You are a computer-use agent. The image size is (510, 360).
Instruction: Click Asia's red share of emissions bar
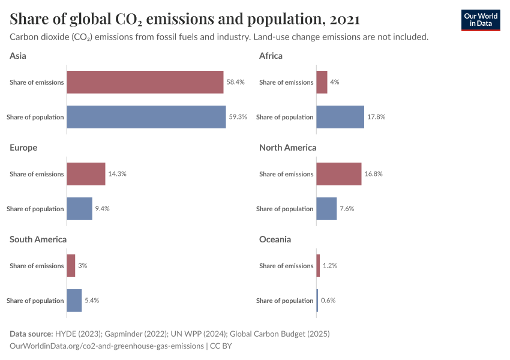click(145, 82)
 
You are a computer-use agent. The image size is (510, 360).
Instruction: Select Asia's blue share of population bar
click(146, 117)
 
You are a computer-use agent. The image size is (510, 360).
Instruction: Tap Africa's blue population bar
click(340, 117)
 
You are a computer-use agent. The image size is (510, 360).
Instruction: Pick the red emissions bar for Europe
click(86, 174)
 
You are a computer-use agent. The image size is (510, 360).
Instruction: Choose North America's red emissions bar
click(338, 174)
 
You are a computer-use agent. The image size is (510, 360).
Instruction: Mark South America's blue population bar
click(74, 301)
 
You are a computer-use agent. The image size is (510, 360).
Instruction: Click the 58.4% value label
click(235, 82)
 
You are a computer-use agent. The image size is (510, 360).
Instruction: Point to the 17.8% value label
click(376, 117)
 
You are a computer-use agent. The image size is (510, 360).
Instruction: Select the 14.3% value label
click(117, 174)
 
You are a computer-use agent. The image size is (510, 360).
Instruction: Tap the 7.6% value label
click(347, 209)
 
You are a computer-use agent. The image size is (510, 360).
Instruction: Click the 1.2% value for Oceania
click(329, 266)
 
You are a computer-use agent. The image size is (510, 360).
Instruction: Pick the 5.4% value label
click(92, 301)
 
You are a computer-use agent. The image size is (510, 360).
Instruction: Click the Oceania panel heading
click(275, 239)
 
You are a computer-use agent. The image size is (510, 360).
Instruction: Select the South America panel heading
click(38, 239)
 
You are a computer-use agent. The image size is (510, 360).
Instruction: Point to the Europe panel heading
click(23, 148)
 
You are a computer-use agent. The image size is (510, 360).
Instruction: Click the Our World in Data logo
click(481, 20)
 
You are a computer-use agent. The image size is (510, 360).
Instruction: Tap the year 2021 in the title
click(344, 19)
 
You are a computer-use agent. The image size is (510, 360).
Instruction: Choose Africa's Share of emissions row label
click(286, 82)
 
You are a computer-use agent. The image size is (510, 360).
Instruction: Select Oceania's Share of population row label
click(284, 301)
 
